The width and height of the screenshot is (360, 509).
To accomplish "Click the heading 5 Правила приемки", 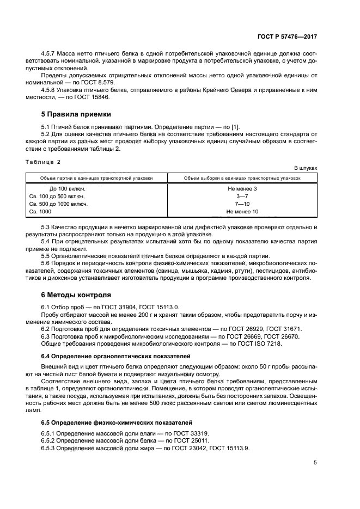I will pos(76,114).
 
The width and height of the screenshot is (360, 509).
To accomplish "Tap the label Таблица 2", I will pos(44,162).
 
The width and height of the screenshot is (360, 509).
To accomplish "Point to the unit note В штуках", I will pos(305,168).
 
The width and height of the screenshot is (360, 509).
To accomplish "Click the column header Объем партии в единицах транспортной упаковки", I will pos(96,178).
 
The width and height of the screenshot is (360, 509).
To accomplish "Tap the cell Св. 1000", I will pos(40,211).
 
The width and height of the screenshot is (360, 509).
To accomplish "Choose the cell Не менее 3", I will pos(242,188).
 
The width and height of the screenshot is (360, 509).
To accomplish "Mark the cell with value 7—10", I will pos(242,204).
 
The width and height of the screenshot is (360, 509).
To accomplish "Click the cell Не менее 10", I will pos(242,211).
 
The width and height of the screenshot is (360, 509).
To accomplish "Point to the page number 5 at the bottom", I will pos(315,463).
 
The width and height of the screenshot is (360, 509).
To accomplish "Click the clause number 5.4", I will pos(47,241).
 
